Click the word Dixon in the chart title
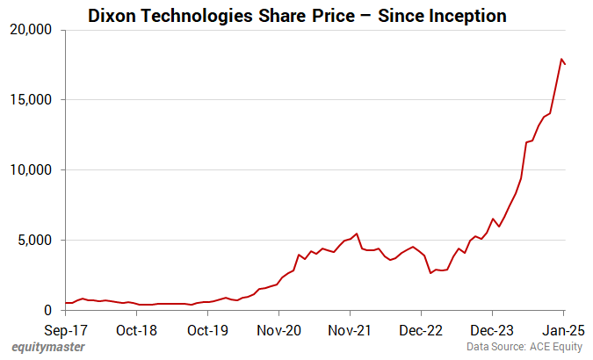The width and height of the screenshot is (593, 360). [112, 15]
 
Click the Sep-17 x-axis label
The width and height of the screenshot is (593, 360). [66, 331]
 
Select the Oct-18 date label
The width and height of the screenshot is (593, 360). [137, 331]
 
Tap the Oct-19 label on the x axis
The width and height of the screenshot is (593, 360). [208, 331]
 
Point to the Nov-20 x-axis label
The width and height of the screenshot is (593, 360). [278, 331]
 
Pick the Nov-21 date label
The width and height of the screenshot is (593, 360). [350, 331]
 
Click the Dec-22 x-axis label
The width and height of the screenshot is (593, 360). [421, 331]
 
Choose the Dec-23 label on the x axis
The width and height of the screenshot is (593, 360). [492, 331]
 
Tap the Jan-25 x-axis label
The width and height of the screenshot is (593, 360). [563, 331]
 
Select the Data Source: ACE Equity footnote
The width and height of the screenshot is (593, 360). [524, 348]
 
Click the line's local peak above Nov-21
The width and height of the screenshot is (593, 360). [356, 234]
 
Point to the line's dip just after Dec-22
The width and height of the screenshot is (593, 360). [430, 273]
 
